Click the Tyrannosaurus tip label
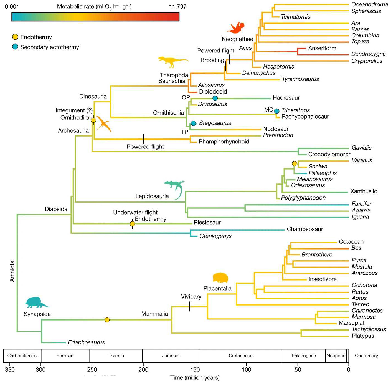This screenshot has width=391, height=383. coord(300,79)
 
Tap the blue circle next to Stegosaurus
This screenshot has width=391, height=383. coord(193,123)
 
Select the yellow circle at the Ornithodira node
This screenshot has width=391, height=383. coord(93,120)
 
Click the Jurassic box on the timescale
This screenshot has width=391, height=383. coord(171,356)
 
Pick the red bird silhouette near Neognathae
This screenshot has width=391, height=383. coord(236,28)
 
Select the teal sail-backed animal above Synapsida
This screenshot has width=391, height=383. coord(37,303)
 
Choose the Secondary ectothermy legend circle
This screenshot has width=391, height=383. coord(15,47)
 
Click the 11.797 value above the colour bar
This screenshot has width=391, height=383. coord(178,7)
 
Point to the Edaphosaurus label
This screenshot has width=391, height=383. coord(86,342)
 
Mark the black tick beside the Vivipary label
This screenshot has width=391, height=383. coord(190,306)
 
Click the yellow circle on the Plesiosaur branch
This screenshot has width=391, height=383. coord(132,224)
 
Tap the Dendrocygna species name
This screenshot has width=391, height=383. coord(369,54)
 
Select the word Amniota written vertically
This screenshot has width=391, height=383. coord(12,271)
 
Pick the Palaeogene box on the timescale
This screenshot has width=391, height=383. coord(303,356)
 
